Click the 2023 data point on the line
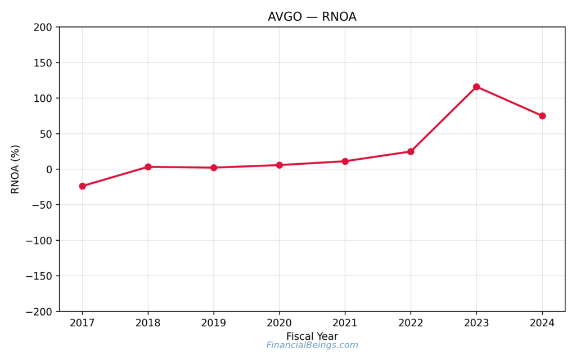tap(476, 87)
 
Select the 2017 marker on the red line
tap(83, 186)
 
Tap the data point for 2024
tap(542, 116)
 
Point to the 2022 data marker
tap(411, 151)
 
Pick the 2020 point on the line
tap(280, 165)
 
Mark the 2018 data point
tap(148, 166)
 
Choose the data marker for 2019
tap(214, 168)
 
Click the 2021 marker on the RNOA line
tap(345, 161)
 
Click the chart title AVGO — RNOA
tap(312, 17)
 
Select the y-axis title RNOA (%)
tap(15, 169)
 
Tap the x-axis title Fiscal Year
tap(312, 336)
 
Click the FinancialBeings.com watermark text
tap(312, 345)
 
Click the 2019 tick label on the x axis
tap(214, 323)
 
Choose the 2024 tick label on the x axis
tap(542, 323)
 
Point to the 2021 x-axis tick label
tap(345, 323)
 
